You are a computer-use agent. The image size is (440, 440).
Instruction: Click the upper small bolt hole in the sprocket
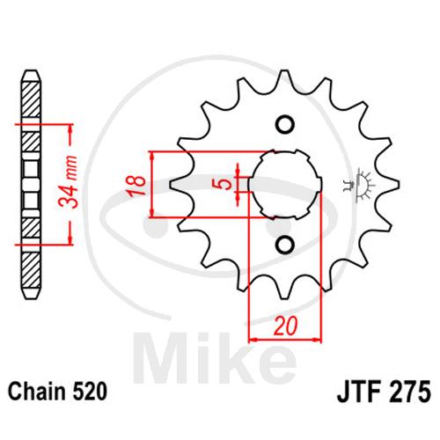[x=285, y=125]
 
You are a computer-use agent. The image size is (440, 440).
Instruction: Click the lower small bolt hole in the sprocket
[x=285, y=245]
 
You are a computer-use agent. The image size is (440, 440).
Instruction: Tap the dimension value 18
[x=136, y=186]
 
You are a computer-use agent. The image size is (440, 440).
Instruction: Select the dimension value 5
[x=224, y=184]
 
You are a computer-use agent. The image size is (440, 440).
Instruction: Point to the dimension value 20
[x=285, y=326]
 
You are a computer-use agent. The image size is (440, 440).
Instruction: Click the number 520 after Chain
[x=90, y=392]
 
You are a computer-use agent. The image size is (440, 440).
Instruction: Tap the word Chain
[x=38, y=392]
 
